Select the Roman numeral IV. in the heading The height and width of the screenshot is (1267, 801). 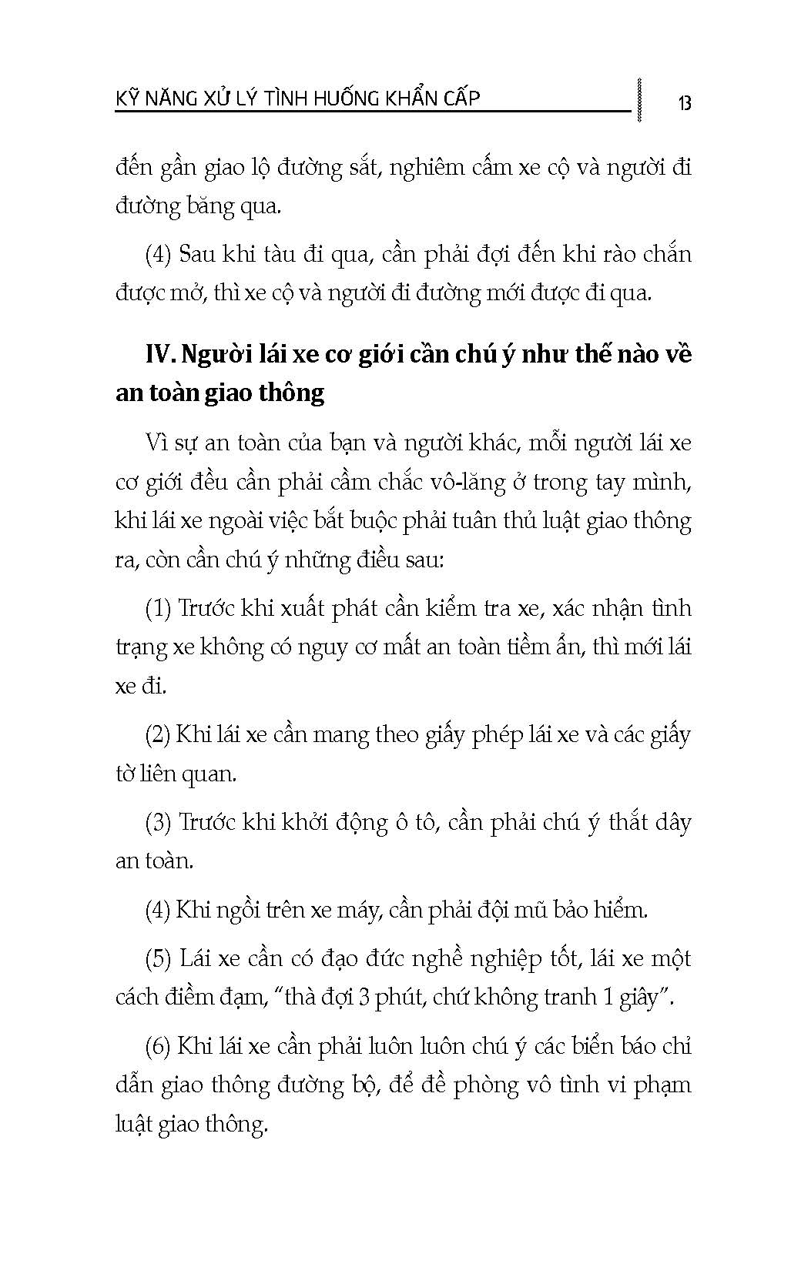point(160,354)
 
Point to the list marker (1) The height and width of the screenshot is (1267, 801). point(158,608)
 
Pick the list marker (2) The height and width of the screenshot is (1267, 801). point(158,734)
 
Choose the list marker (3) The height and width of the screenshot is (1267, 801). point(158,822)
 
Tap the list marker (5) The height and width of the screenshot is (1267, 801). point(158,959)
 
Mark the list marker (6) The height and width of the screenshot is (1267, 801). point(158,1047)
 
